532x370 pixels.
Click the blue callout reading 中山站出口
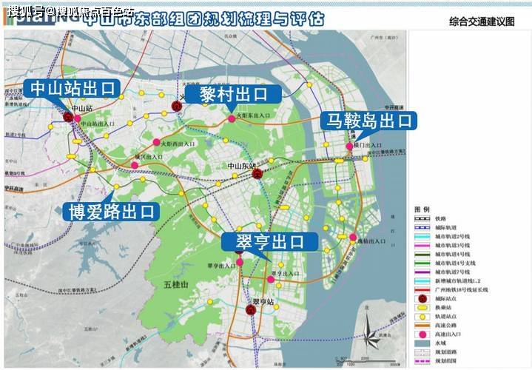click(73, 88)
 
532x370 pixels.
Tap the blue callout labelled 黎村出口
click(232, 95)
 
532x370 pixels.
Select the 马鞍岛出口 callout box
click(367, 121)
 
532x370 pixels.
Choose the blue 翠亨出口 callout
click(270, 242)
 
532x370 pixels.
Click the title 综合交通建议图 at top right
click(482, 22)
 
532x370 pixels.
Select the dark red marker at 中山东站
click(257, 174)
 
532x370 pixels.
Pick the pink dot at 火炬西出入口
click(155, 141)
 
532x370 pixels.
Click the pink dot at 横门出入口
click(349, 147)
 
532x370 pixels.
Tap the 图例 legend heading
click(422, 209)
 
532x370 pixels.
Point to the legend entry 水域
click(445, 343)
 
